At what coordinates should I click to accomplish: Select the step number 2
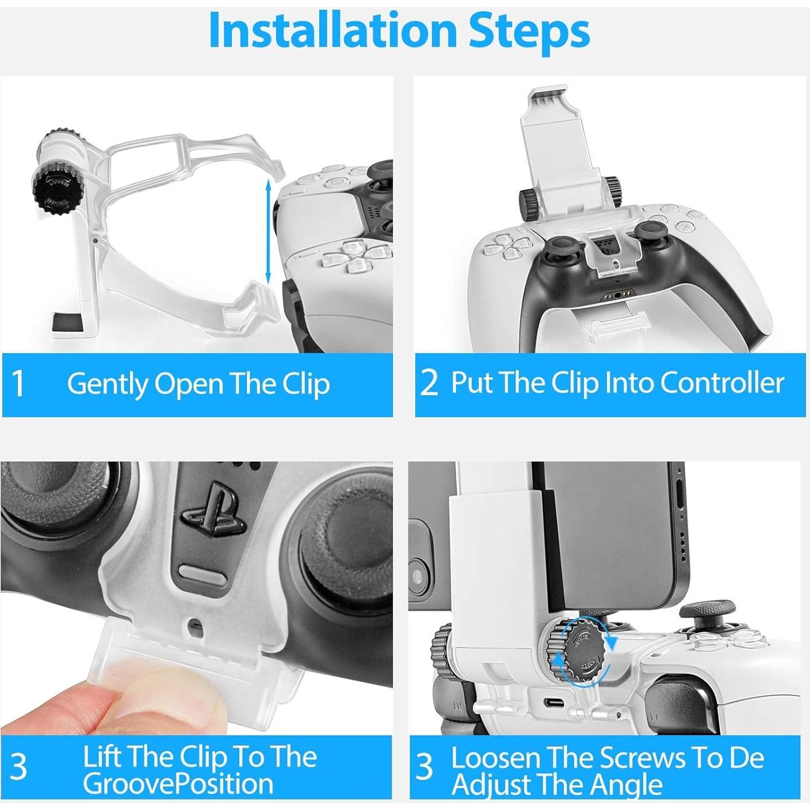429,383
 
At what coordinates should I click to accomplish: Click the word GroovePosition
178,784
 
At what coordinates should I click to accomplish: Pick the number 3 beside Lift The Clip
18,767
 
